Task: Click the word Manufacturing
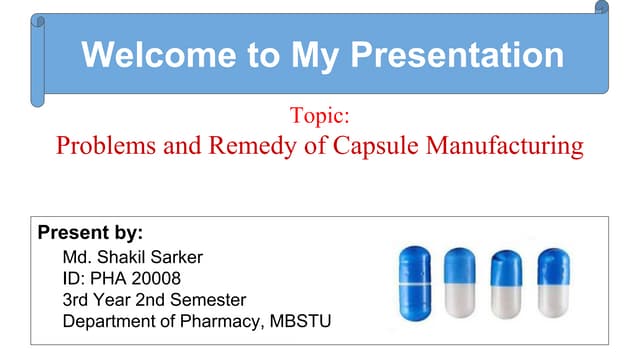[505, 146]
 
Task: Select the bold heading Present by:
[90, 233]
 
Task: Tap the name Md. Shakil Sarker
[132, 257]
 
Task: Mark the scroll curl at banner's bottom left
[38, 98]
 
